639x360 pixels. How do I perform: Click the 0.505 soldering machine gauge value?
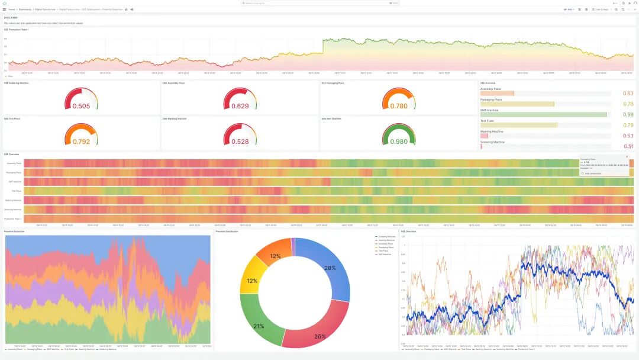coord(81,106)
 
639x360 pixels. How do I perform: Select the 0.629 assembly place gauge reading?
coord(240,106)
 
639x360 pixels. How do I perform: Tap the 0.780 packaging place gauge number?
coord(399,106)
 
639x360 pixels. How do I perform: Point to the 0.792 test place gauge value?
coord(81,142)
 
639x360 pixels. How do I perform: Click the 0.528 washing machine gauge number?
coord(240,142)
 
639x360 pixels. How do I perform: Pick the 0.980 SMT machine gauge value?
coord(399,142)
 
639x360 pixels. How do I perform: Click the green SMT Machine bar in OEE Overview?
coord(543,114)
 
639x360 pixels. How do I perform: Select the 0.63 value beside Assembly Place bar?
coord(628,94)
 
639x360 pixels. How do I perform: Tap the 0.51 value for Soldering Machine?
coord(628,146)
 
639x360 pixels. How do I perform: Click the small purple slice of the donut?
coord(293,247)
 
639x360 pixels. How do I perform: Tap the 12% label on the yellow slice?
coord(251,281)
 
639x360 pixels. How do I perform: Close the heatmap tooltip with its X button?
coord(627,156)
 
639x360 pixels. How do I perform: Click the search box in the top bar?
coord(319,3)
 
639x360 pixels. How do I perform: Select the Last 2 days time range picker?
coord(601,9)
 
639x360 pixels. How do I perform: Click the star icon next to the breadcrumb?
coord(126,9)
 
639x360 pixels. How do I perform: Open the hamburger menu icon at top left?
coord(5,9)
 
